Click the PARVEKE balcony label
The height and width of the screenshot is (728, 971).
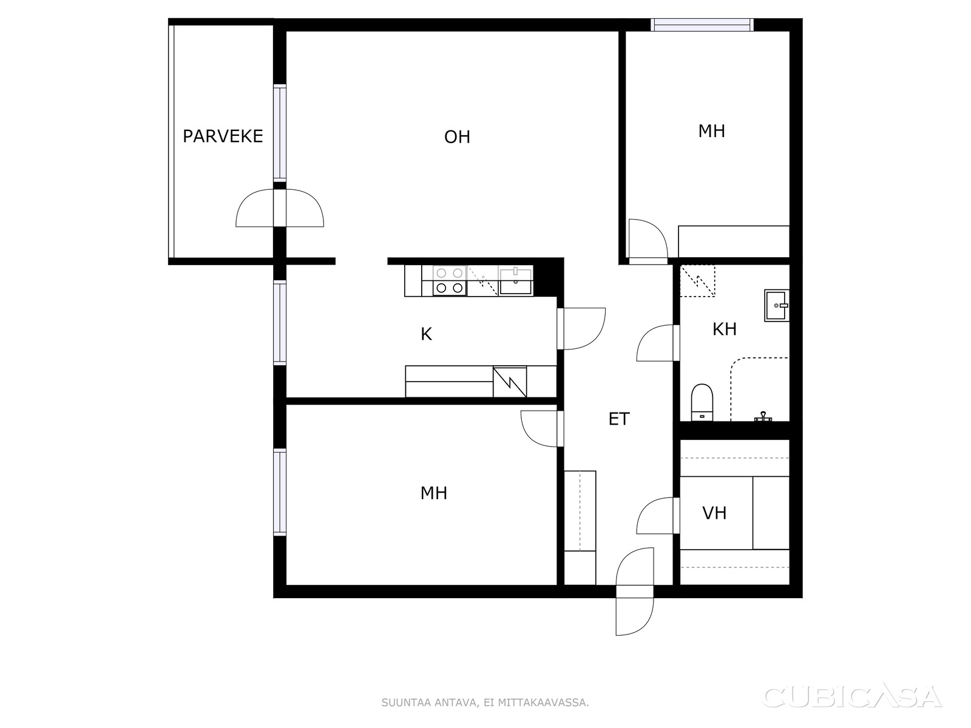223,136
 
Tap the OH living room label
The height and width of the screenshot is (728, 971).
457,137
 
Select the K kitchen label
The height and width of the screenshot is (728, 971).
426,334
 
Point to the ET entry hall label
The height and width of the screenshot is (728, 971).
618,419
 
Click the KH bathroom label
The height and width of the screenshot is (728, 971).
724,329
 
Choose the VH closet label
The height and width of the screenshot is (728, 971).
714,513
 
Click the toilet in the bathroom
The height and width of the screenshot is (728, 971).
702,402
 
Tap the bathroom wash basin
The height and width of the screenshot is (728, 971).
776,305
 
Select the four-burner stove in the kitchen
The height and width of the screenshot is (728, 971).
450,280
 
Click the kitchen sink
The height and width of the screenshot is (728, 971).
515,281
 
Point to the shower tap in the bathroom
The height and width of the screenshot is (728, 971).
763,416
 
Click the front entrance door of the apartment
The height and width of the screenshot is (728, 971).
634,592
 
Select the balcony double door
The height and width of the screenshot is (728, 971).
280,207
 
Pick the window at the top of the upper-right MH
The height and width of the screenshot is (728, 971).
702,25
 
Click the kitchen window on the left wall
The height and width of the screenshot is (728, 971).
280,323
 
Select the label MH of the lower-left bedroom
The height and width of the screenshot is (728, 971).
433,493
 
